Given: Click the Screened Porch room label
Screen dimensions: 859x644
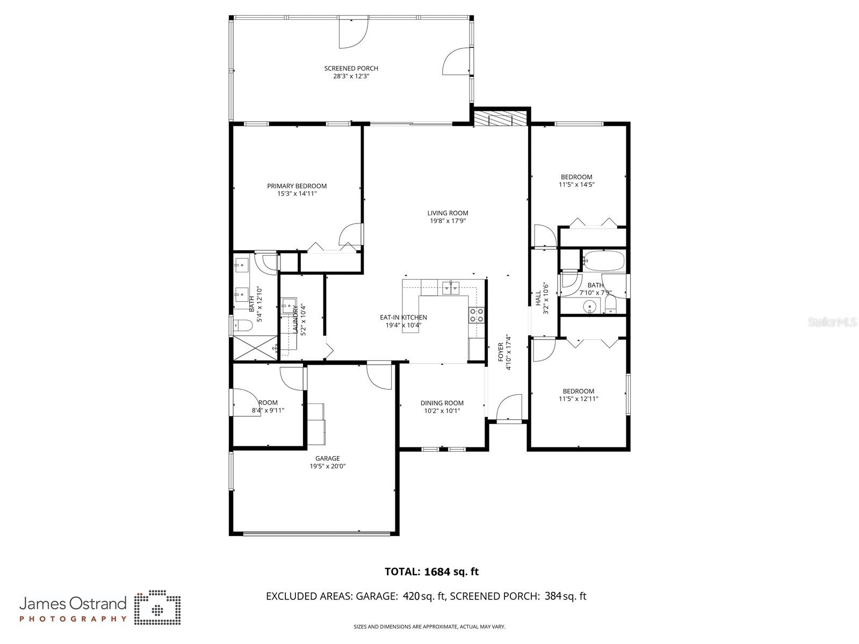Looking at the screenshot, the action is coord(351,68).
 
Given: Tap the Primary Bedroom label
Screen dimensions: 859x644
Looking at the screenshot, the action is coord(297,186).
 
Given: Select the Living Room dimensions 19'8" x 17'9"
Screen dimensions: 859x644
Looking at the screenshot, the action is coord(447,221).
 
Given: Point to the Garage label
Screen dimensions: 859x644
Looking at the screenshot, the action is coord(328,458).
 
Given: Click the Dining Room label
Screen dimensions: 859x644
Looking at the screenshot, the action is coord(442,403).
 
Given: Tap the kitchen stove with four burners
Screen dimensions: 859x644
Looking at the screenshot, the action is coord(477,315).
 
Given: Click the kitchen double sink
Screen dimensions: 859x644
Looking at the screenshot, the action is coord(451,287).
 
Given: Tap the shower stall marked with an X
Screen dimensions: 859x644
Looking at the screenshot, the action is coord(255,348).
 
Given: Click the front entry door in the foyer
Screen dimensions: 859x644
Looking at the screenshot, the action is coord(509,408).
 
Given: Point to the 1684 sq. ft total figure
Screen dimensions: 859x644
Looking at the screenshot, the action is coord(452,571).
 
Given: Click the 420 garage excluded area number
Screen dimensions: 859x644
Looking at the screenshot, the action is coord(412,596).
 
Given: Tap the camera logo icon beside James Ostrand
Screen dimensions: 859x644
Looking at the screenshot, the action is coord(157,607).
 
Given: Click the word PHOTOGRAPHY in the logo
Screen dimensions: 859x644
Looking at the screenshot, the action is coord(73,619).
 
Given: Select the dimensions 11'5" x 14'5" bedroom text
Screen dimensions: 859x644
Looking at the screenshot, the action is coord(576,185).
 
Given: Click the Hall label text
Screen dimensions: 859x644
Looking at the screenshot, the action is coord(538,298).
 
